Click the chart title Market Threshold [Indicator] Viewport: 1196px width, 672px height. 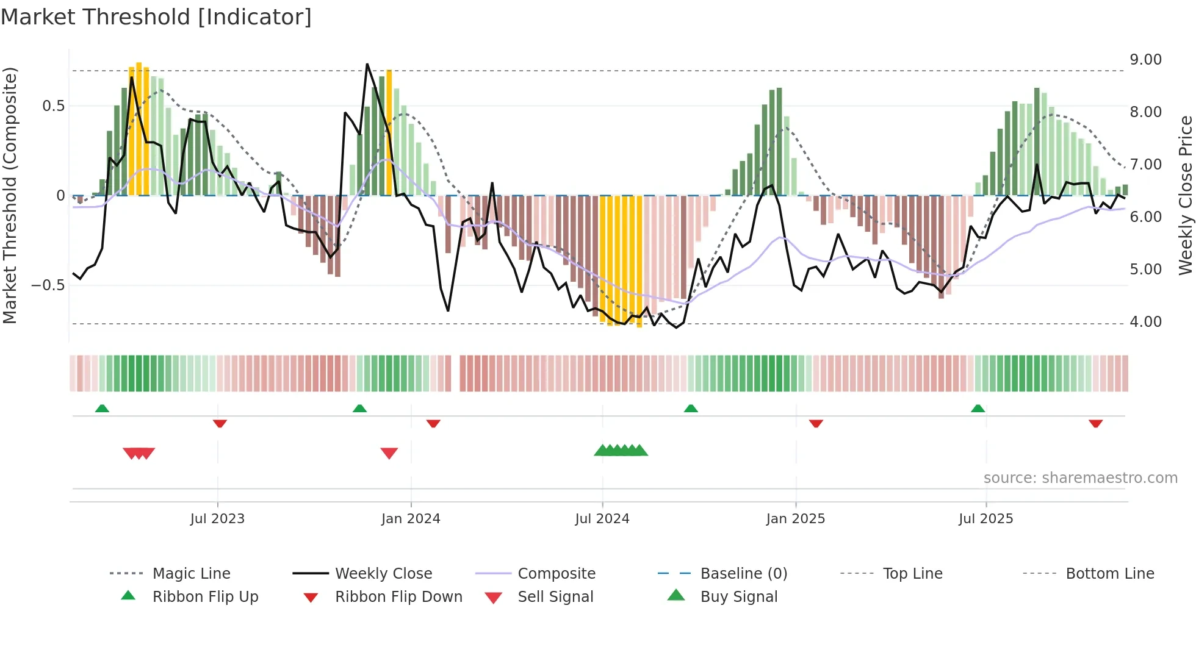click(x=156, y=17)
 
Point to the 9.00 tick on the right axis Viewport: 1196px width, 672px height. click(x=1145, y=60)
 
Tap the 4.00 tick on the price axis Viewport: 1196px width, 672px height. click(x=1145, y=321)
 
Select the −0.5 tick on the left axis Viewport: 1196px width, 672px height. click(x=48, y=285)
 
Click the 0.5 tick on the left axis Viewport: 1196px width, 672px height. click(x=53, y=106)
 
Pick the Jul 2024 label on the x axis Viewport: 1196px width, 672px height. click(x=602, y=519)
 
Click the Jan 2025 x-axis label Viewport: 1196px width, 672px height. click(x=795, y=519)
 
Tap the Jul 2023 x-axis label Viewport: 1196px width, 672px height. click(x=217, y=519)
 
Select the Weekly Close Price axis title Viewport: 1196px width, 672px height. click(x=1185, y=195)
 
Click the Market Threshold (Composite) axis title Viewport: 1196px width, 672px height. click(x=10, y=195)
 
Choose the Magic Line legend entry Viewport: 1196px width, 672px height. click(x=191, y=574)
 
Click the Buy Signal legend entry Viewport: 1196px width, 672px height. click(x=738, y=597)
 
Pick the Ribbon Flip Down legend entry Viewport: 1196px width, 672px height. click(x=398, y=597)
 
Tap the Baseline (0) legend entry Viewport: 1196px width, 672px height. click(x=743, y=574)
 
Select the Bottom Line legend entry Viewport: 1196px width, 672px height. click(x=1109, y=574)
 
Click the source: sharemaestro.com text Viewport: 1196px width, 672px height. click(x=1080, y=478)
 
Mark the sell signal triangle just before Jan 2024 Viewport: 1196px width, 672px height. click(x=389, y=453)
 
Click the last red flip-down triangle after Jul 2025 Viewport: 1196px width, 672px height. click(x=1095, y=423)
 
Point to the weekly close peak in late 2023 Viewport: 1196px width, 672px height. click(x=367, y=64)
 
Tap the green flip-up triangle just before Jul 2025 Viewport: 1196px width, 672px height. click(x=978, y=408)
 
